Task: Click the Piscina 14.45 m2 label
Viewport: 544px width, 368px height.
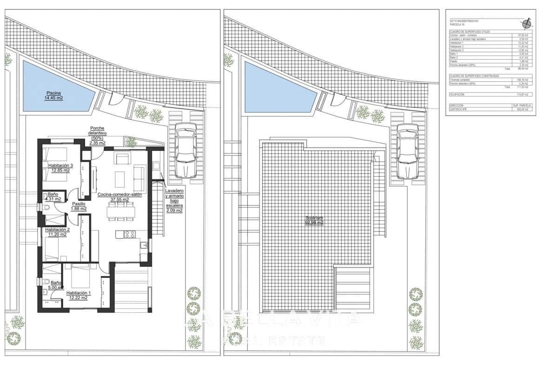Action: pos(54,95)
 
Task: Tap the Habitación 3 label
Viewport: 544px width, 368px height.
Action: pos(59,168)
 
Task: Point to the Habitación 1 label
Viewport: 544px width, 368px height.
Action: pos(78,296)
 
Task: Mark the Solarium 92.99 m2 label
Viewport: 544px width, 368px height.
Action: pos(314,220)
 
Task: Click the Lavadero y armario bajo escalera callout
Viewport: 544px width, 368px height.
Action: pos(174,201)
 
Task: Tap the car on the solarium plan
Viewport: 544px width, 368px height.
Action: pos(407,151)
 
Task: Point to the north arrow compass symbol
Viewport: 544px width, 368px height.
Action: pos(526,23)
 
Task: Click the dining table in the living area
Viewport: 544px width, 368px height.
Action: pos(120,212)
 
